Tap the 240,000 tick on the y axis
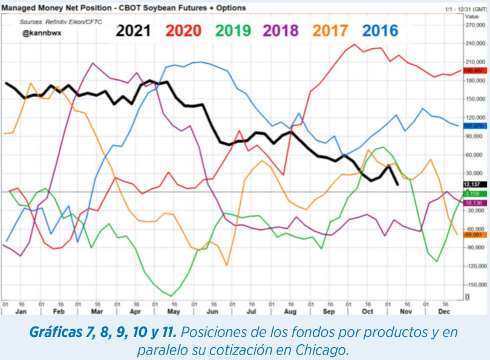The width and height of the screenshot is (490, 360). pos(475,44)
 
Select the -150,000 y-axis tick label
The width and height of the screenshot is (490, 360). pos(475,284)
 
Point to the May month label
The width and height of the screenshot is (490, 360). pos(173,311)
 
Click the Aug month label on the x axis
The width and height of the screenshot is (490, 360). pos(290,311)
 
